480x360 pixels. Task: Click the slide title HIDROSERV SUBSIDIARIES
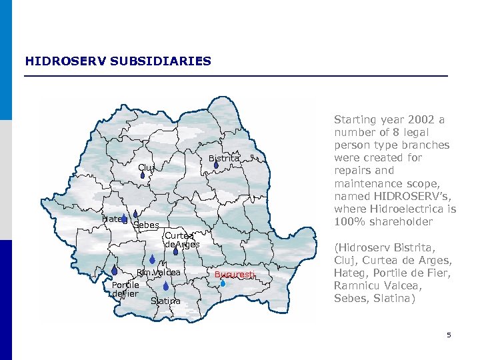click(x=118, y=61)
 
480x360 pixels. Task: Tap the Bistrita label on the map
click(x=223, y=159)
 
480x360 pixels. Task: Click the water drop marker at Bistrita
click(x=217, y=164)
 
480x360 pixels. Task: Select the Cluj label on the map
click(x=146, y=167)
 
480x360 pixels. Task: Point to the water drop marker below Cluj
click(x=143, y=176)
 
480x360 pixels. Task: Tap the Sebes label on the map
click(x=146, y=225)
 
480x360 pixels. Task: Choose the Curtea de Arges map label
click(x=181, y=240)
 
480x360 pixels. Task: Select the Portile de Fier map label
click(x=125, y=289)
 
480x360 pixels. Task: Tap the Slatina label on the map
click(x=165, y=301)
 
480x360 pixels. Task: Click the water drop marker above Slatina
click(x=166, y=286)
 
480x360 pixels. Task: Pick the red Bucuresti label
click(x=235, y=275)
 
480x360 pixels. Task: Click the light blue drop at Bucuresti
click(x=223, y=283)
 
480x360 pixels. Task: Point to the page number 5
click(x=449, y=335)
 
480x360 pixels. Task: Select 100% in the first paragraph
click(x=347, y=221)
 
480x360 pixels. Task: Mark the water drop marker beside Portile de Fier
click(x=115, y=271)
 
